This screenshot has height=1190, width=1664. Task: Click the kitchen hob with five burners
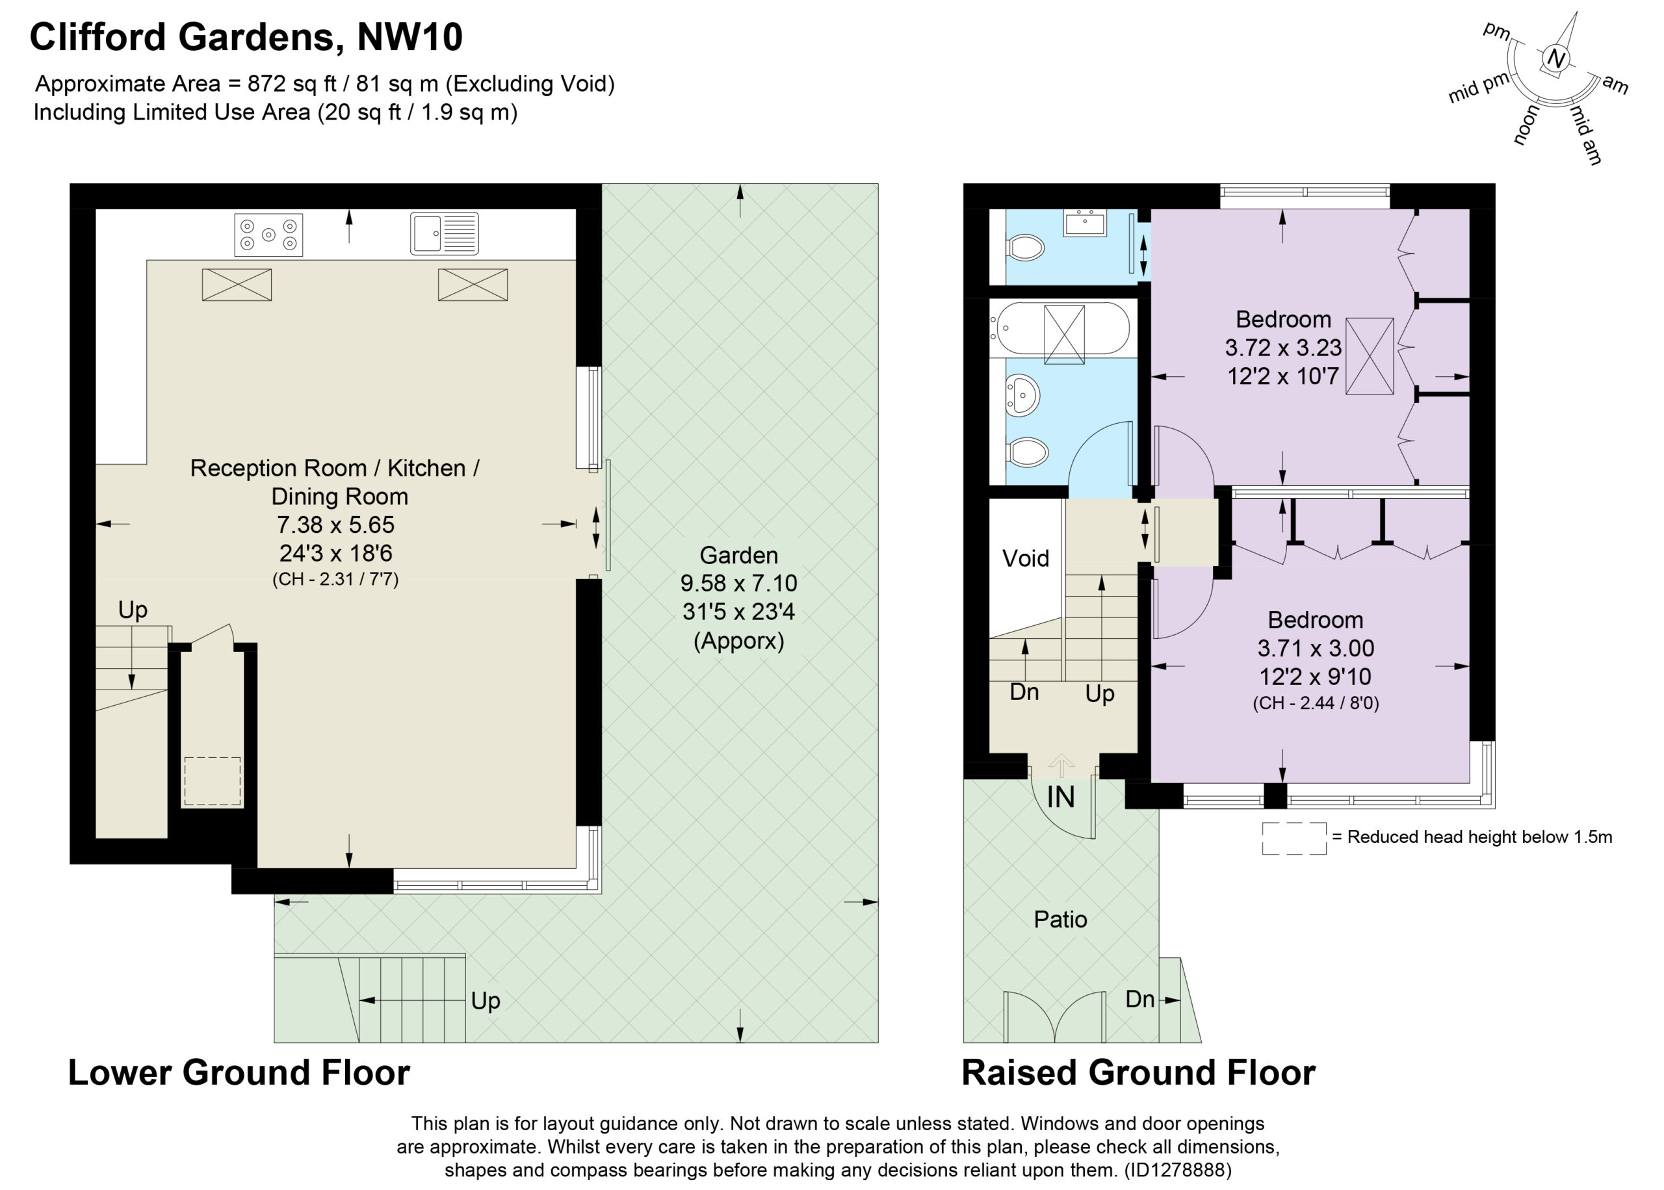(268, 235)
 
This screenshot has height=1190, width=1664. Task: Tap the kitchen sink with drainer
(444, 234)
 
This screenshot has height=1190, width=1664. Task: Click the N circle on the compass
(1555, 58)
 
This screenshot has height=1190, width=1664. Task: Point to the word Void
(1025, 558)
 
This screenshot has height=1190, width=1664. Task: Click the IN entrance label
(1060, 797)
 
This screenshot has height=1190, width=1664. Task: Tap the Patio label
(1059, 919)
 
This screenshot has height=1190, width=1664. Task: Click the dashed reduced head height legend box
(1293, 838)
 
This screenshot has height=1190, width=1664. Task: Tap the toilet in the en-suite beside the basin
(1026, 248)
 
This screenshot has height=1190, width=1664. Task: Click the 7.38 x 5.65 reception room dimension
(335, 524)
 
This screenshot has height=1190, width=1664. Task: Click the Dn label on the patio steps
(1139, 999)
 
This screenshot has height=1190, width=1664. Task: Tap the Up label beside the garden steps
(485, 1001)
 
